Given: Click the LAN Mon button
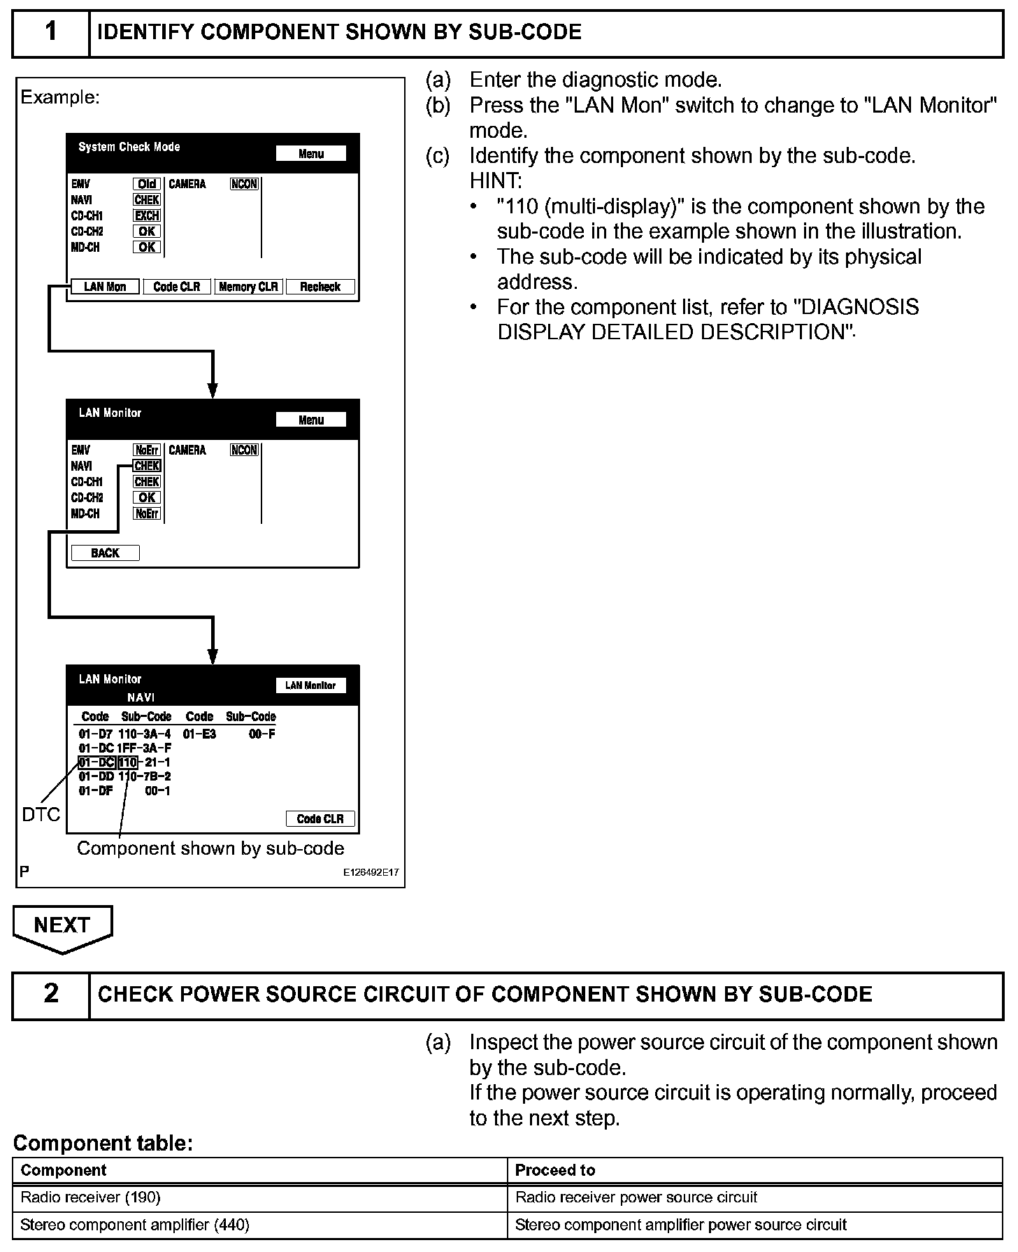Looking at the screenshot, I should point(105,287).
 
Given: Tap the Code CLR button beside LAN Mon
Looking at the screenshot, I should point(177,287).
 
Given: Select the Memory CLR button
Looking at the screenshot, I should point(248,287).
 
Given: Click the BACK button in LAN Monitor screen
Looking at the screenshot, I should point(105,553).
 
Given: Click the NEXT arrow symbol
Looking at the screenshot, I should point(62,928).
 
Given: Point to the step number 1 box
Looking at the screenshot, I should point(51,32).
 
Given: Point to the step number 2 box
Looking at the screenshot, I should point(51,994).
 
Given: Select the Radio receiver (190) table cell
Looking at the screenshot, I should point(91,1197).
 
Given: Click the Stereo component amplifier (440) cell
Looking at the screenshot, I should point(135,1225).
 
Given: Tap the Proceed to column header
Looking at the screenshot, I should point(555,1170).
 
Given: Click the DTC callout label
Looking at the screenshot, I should point(41,814).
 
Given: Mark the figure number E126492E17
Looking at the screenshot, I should point(371,873).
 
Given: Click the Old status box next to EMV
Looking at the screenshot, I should point(147,184).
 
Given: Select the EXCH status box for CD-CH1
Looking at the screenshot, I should point(147,215).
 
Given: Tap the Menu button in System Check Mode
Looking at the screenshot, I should point(311,154).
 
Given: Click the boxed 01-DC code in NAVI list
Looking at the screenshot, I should point(96,762).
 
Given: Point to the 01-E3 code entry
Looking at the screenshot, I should point(200,734).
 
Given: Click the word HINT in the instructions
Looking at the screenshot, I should point(496,181).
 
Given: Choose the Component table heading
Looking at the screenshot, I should point(103,1143).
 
